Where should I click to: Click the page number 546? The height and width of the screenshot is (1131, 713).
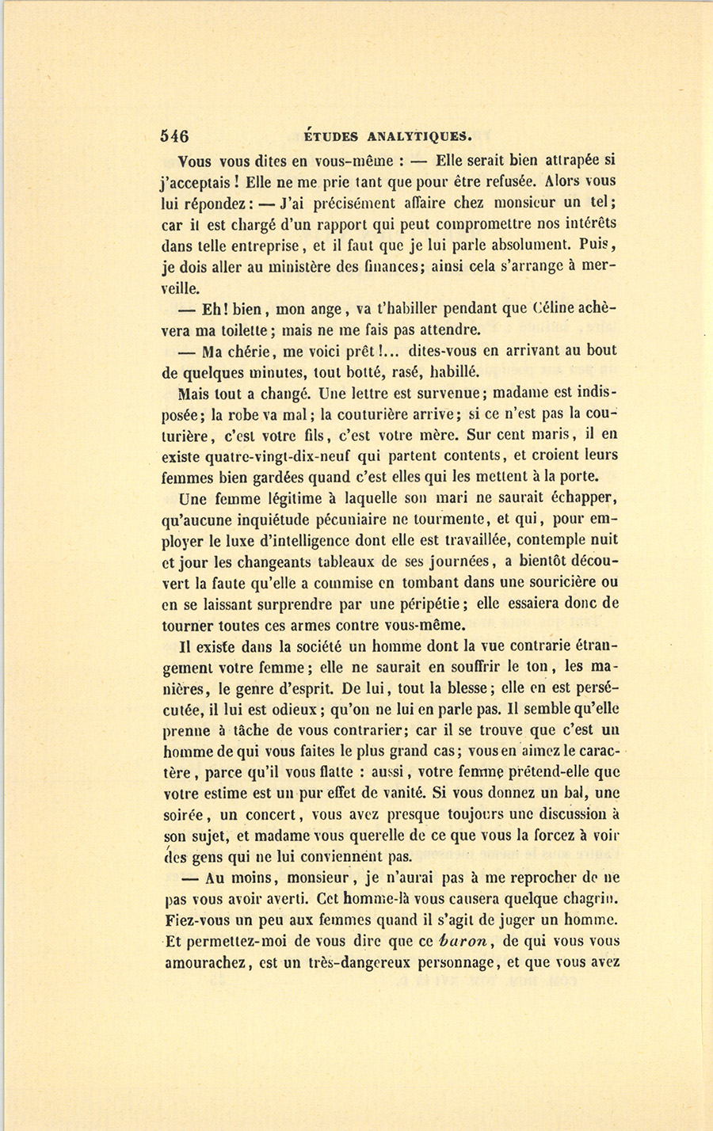(174, 135)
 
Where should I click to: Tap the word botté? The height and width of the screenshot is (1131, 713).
(372, 371)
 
